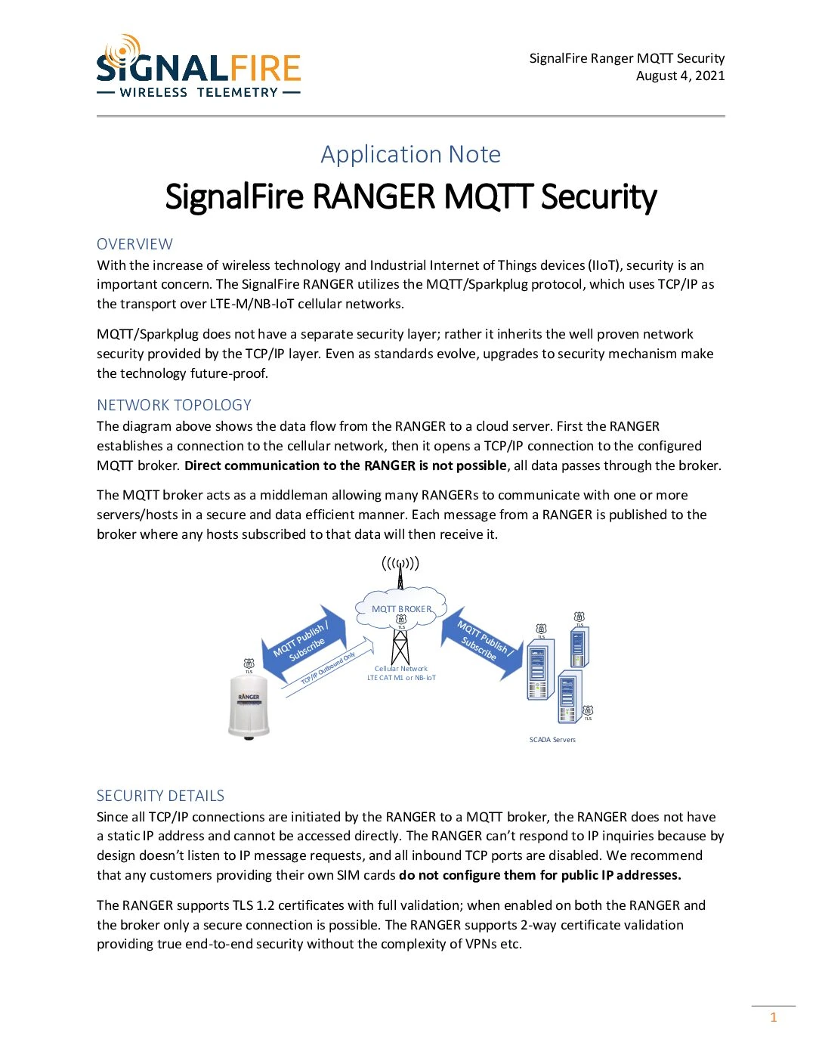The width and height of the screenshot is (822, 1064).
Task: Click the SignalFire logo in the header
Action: point(199,67)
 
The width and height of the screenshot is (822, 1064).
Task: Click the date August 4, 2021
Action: point(680,76)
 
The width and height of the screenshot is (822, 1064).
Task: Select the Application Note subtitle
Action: point(410,154)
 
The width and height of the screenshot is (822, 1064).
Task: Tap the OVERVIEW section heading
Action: point(134,244)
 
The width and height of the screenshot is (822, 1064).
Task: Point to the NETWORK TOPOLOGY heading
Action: point(174,405)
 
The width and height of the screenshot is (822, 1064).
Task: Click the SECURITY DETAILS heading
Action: point(160,796)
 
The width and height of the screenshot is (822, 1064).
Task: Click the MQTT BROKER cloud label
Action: point(401,609)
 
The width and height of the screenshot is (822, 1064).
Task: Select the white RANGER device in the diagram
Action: point(249,707)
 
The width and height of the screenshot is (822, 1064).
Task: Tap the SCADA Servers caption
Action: point(552,740)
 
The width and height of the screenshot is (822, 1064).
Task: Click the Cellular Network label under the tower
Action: point(401,669)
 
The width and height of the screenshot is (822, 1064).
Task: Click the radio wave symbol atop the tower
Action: point(400,563)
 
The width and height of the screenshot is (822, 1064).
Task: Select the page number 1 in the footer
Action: point(773,1017)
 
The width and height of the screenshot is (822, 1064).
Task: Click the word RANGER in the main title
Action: point(375,196)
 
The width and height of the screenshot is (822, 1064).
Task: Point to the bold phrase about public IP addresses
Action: point(539,875)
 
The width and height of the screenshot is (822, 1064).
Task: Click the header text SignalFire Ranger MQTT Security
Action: point(626,58)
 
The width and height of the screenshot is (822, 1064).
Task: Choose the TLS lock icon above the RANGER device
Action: point(249,663)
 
